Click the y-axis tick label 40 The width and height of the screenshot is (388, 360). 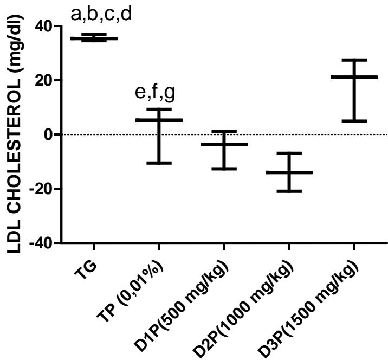[x=46, y=26]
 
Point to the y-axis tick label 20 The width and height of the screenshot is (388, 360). [x=46, y=80]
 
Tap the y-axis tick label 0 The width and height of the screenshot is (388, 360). [x=50, y=134]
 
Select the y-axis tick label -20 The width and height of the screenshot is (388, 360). [x=43, y=189]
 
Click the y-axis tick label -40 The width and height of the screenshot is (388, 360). [x=43, y=243]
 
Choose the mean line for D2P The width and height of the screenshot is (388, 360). [x=289, y=172]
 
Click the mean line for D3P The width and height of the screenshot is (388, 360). [x=353, y=77]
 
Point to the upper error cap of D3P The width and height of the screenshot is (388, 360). [x=353, y=60]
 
